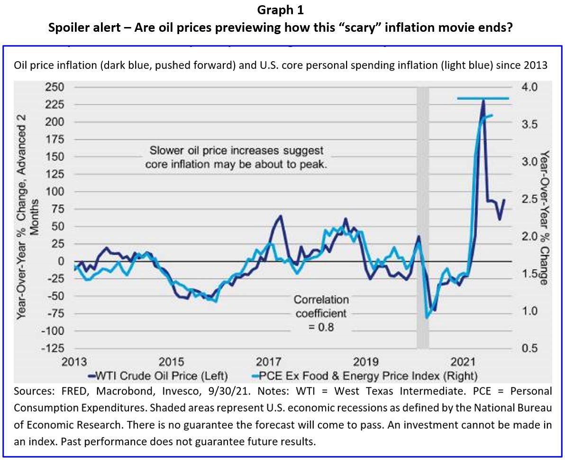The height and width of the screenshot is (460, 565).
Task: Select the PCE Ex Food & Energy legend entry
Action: (x=363, y=376)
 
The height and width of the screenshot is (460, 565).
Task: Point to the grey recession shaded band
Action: (x=422, y=213)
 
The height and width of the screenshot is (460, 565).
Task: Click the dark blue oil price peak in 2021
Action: (x=483, y=101)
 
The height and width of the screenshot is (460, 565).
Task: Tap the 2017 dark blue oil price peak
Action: (x=280, y=216)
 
